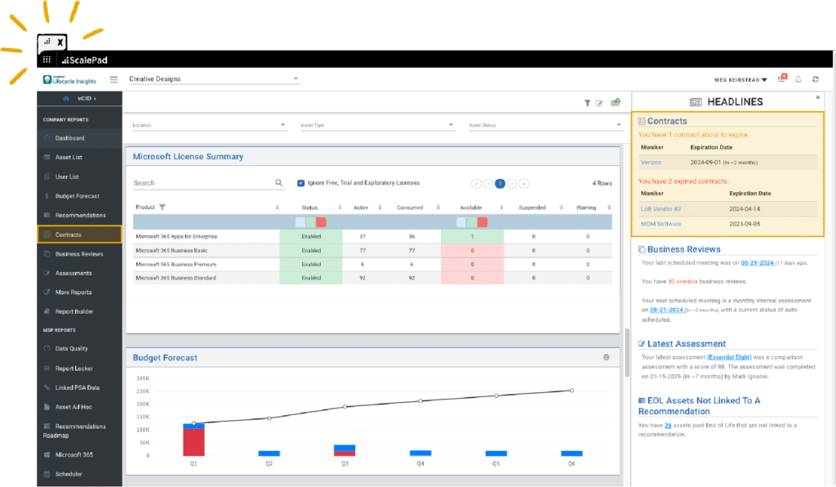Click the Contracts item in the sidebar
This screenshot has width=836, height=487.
point(69,235)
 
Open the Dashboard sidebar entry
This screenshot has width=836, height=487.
point(69,138)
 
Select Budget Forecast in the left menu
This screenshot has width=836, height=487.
point(77,196)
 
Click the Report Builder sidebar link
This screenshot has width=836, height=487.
point(74,311)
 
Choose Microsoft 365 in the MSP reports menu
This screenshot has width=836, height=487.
point(73,454)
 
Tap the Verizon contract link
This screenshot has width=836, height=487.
point(651,163)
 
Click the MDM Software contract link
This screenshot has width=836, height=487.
point(660,224)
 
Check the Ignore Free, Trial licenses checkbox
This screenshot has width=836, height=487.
point(301,183)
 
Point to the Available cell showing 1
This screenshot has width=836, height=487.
point(472,236)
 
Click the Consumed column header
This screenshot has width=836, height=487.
point(409,208)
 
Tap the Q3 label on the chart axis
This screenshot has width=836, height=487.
point(345,463)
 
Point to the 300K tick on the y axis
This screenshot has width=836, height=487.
point(142,378)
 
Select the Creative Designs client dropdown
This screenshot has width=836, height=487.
point(214,79)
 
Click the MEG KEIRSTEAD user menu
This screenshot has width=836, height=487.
point(740,79)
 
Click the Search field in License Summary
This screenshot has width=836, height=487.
point(204,183)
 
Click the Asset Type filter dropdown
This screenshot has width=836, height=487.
point(376,125)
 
